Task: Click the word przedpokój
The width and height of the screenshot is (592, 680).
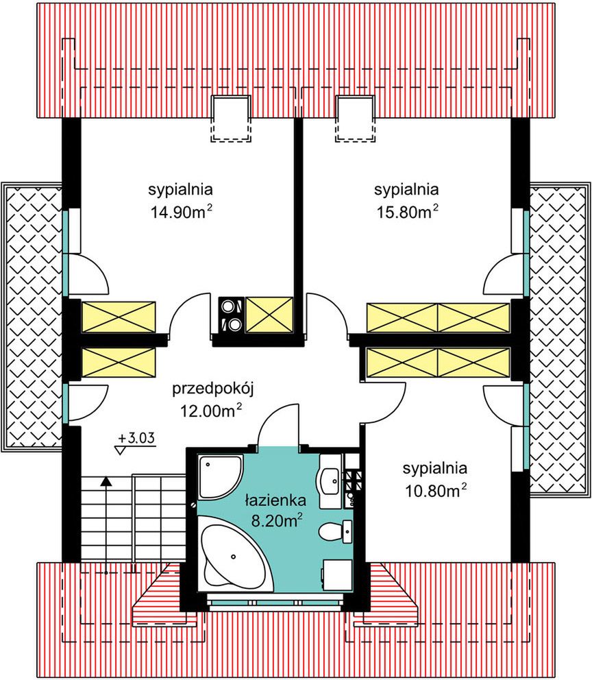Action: tap(213, 388)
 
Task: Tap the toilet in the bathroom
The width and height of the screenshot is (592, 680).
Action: tap(336, 531)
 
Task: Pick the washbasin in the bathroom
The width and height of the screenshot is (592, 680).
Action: tap(331, 481)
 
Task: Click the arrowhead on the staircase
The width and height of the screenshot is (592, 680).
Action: tap(106, 481)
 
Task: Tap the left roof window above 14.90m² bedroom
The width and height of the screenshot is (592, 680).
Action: tap(230, 119)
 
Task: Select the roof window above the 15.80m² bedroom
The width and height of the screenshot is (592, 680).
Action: tap(355, 119)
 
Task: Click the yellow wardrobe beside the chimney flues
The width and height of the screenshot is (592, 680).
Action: tap(269, 315)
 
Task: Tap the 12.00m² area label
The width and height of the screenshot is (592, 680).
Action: tap(211, 410)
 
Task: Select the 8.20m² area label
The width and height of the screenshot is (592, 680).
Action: tap(277, 520)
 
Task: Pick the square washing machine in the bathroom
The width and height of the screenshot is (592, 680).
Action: tap(338, 575)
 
